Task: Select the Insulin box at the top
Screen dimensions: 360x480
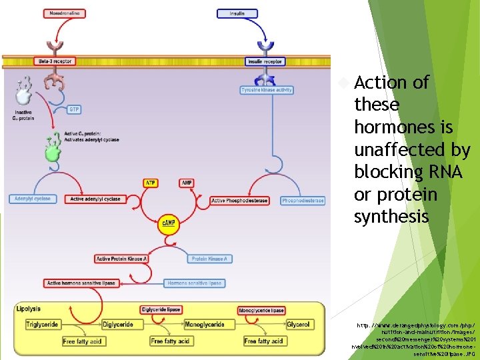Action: coord(237,13)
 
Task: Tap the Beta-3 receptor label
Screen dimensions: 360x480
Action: coord(55,61)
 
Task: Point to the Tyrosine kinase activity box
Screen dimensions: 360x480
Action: coord(267,90)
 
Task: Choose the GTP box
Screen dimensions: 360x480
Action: coord(74,109)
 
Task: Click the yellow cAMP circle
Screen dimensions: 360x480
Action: coord(169,223)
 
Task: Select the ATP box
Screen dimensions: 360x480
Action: coord(151,183)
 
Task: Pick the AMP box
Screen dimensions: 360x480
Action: coord(187,183)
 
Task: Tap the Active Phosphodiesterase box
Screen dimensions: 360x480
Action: coord(239,201)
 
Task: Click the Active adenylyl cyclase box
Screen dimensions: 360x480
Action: coord(95,199)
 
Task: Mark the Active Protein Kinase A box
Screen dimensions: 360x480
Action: coord(121,259)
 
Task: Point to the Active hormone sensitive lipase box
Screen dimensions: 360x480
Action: coord(81,283)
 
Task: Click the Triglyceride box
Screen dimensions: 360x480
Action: coord(42,325)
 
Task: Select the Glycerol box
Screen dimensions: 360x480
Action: coord(298,325)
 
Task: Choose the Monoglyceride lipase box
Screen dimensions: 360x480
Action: coord(261,310)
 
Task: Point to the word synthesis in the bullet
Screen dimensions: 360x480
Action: coord(391,217)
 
